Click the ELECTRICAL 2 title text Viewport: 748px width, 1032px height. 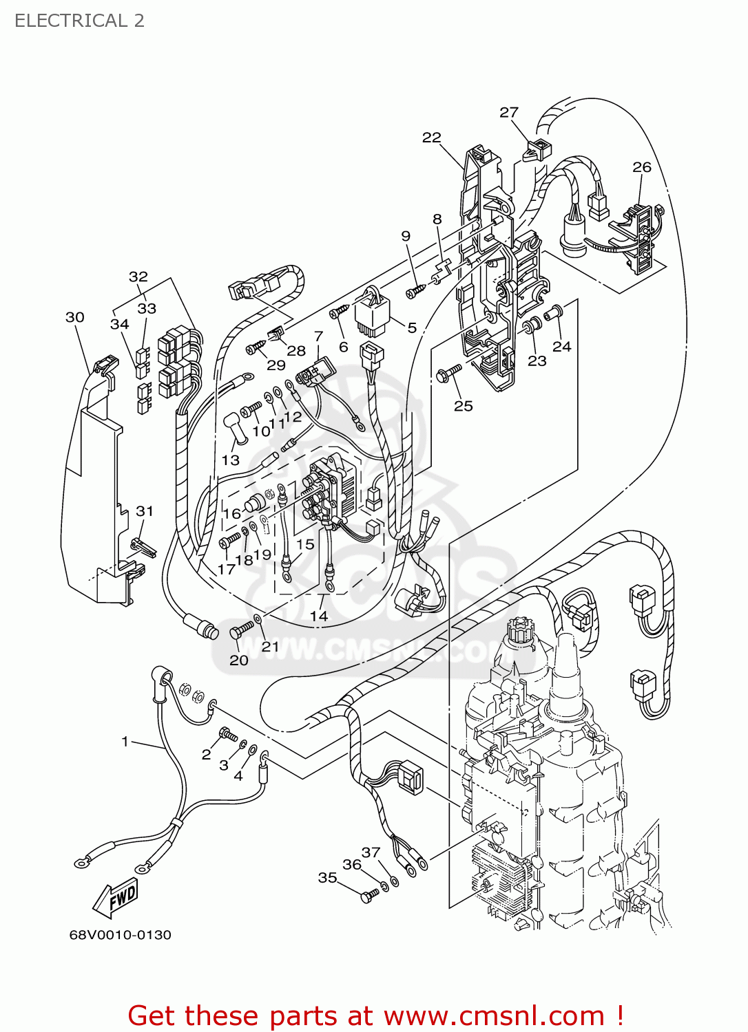pos(79,21)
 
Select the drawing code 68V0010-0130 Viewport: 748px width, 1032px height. pos(120,935)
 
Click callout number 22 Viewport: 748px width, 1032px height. pos(431,138)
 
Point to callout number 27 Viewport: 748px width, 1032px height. pos(508,112)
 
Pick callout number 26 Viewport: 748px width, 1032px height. pos(641,167)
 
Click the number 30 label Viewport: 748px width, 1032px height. pos(75,317)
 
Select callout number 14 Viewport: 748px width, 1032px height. pos(318,616)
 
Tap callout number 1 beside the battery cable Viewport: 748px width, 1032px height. pos(125,741)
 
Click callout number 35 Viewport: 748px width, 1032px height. pos(327,877)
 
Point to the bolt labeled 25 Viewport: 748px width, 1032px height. pos(448,374)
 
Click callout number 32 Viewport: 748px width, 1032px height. pos(138,277)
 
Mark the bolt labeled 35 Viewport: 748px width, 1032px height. pos(369,895)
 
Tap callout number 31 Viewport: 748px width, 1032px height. pos(145,511)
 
